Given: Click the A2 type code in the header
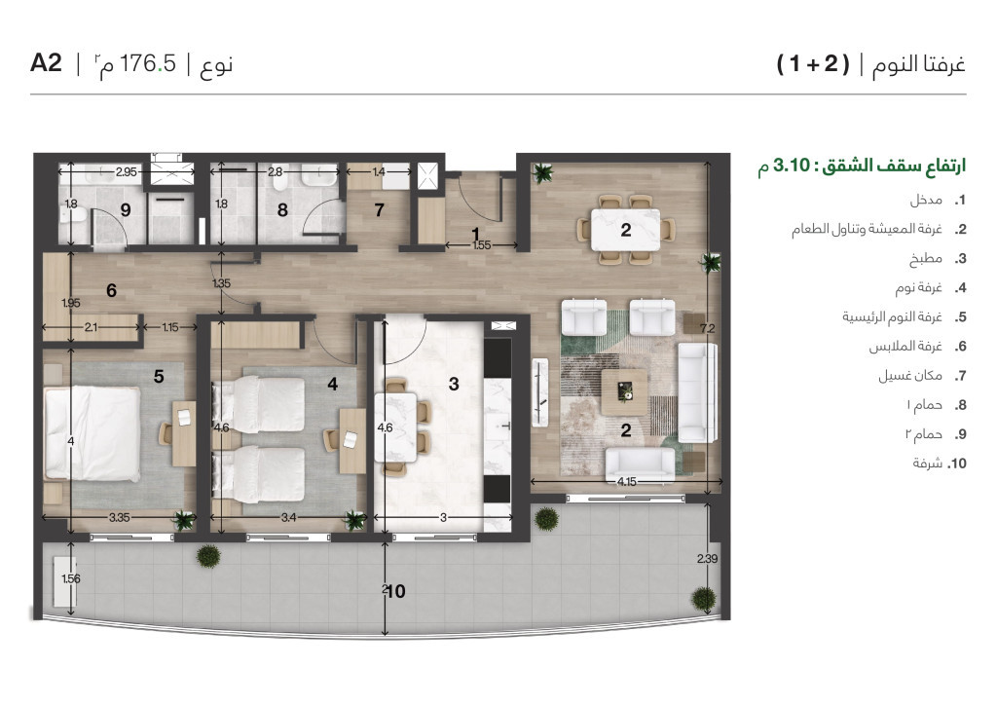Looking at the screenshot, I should click(46, 64).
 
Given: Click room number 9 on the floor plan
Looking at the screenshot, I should click(126, 208).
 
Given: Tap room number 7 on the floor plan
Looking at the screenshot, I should click(379, 208).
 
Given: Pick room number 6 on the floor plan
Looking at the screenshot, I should click(112, 290).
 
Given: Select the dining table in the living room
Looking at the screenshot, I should click(625, 231).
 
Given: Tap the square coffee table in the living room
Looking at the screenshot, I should click(625, 390).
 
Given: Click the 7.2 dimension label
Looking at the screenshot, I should click(720, 329).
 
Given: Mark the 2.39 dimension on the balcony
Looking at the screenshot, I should click(707, 558).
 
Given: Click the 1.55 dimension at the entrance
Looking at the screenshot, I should click(480, 246).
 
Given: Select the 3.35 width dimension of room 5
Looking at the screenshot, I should click(120, 517).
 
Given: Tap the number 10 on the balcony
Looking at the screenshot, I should click(394, 590).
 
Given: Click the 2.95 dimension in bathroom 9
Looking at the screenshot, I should click(127, 172).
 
